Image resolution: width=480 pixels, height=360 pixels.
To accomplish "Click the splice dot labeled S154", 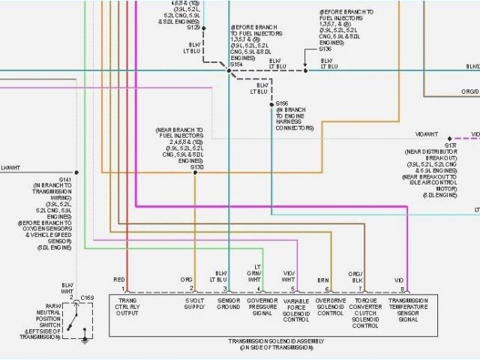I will click(x=229, y=70).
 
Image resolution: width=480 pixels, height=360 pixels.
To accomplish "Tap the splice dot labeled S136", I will click(x=305, y=70).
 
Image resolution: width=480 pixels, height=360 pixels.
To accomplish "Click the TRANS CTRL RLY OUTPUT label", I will click(x=128, y=308).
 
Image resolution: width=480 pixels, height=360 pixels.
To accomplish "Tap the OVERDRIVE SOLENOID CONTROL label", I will click(x=330, y=308).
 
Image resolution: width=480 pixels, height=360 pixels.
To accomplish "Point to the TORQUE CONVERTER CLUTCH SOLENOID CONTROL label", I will click(x=365, y=313).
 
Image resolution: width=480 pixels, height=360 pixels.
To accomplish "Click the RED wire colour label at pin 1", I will click(x=118, y=279).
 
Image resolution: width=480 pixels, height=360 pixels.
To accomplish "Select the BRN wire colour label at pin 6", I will click(x=323, y=279).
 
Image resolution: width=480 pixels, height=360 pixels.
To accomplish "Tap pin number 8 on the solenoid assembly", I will click(x=402, y=289).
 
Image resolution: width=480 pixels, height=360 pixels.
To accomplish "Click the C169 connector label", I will click(x=86, y=298).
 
